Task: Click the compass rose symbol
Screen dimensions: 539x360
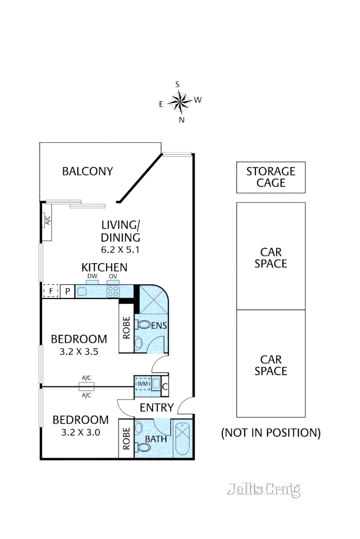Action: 179,102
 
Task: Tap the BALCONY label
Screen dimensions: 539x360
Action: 87,171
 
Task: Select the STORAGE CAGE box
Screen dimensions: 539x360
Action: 271,177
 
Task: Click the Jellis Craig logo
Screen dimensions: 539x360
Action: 263,489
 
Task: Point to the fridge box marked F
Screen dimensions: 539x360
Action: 51,291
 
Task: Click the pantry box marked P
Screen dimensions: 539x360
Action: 68,291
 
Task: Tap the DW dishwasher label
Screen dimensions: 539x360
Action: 92,276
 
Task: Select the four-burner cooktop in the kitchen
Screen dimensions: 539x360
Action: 113,291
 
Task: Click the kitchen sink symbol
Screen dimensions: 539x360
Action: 82,291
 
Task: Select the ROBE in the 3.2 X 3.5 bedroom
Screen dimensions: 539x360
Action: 126,328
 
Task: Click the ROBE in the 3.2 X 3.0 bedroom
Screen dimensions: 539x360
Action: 126,438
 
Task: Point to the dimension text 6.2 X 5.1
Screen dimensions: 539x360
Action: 120,249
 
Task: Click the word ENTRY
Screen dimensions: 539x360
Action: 157,408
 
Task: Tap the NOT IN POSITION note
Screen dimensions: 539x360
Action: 271,432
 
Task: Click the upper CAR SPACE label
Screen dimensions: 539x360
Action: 271,257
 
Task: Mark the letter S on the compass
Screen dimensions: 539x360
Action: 177,85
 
